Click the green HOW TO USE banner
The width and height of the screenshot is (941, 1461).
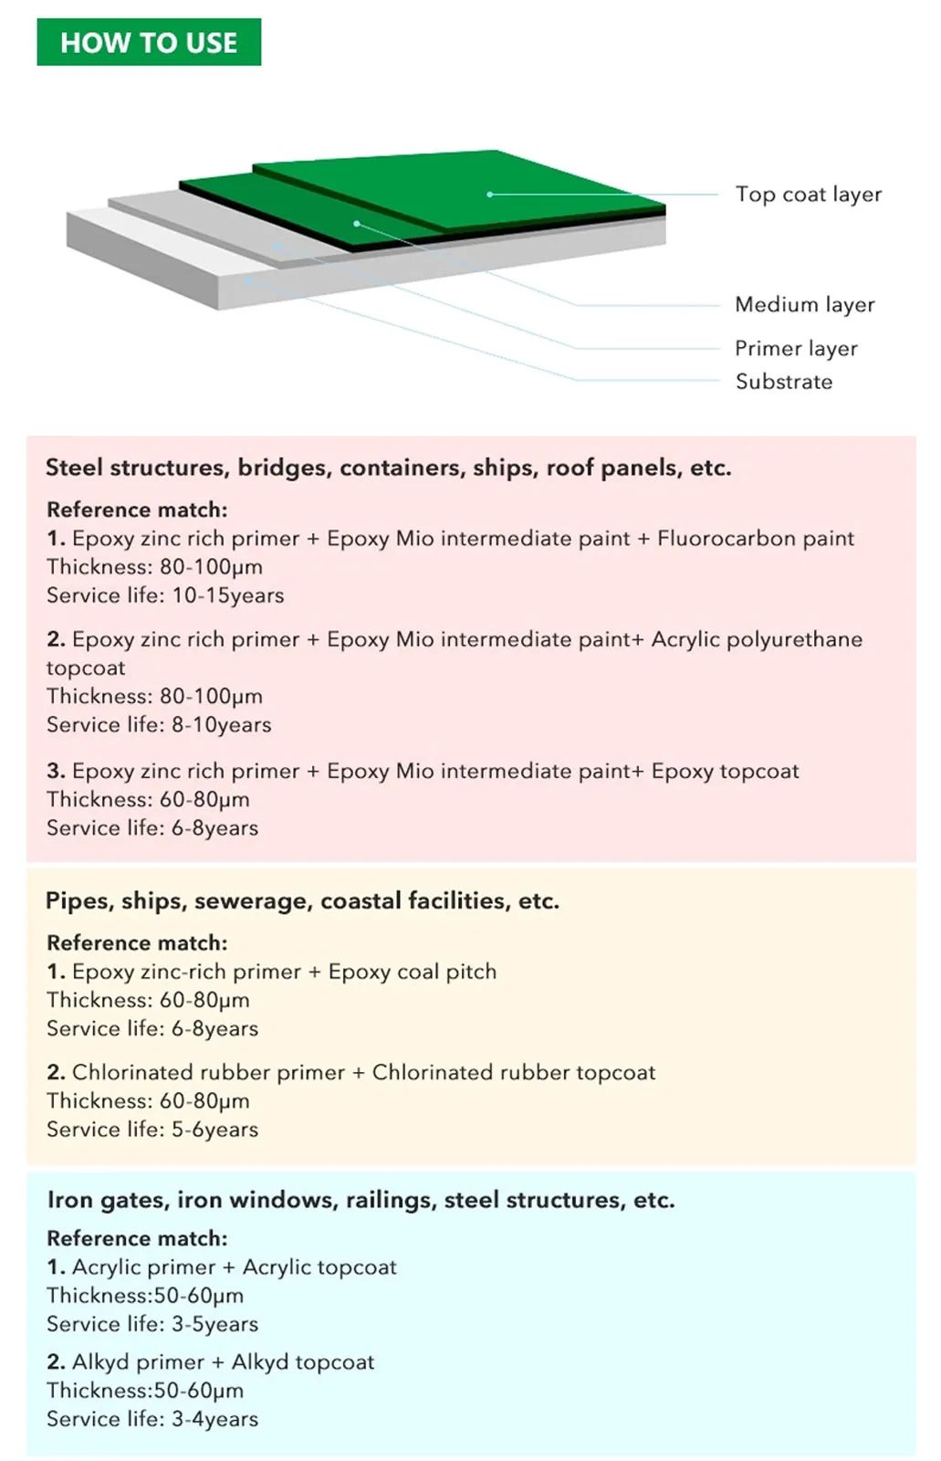149,42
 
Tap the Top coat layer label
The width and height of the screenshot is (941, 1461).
808,194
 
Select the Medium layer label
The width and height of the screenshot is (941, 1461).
804,305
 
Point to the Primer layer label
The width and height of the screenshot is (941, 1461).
796,349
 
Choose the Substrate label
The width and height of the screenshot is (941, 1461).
784,382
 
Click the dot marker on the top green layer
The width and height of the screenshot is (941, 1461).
490,194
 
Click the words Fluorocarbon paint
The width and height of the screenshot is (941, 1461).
756,539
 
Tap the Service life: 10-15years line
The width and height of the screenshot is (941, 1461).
165,595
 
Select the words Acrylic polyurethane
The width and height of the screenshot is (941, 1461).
757,639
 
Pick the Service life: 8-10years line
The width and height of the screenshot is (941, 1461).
159,725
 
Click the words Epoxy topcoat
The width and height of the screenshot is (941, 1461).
725,772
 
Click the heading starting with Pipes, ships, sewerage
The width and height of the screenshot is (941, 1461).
302,901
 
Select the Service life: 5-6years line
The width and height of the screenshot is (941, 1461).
152,1130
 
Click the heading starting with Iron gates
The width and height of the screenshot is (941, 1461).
361,1200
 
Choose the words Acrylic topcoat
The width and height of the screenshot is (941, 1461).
319,1267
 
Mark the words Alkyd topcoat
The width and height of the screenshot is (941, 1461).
303,1362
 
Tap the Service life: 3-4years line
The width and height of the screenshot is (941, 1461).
152,1419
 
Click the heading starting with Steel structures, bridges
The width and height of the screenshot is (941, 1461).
388,468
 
